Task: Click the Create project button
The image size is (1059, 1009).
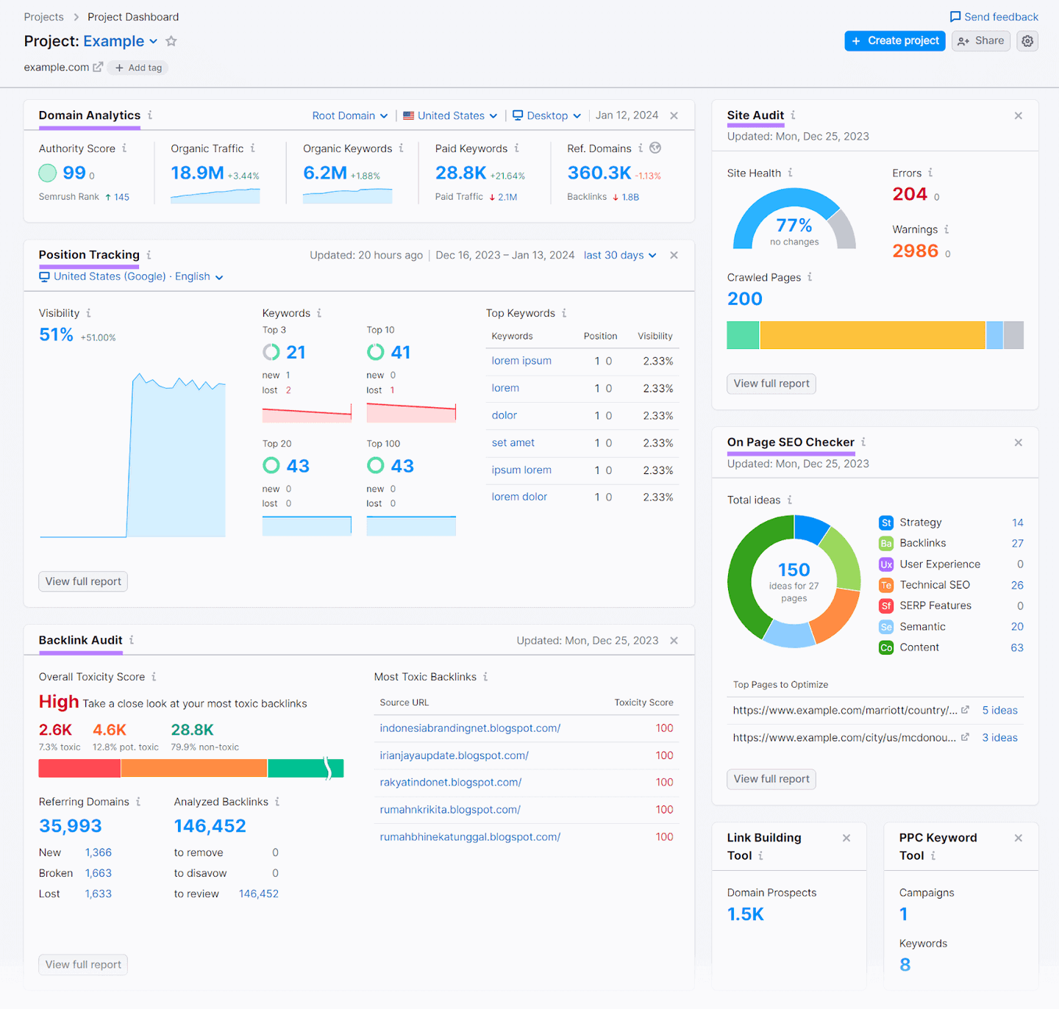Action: tap(894, 41)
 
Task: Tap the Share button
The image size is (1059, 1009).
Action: tap(980, 41)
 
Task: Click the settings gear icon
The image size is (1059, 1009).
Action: tap(1027, 41)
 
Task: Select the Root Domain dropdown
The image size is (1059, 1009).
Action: tap(349, 116)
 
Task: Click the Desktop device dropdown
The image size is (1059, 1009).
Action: tap(546, 116)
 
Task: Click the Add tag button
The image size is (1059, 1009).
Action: tap(138, 68)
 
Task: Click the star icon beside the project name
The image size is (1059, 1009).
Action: tap(171, 41)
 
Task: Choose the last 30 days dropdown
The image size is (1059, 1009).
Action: tap(619, 255)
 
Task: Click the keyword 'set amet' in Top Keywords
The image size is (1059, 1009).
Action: tap(513, 443)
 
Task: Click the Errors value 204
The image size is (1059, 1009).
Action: tap(909, 194)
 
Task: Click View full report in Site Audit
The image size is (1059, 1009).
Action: tap(771, 384)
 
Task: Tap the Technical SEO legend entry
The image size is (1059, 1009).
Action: tap(934, 585)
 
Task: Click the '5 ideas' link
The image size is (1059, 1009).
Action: tap(999, 711)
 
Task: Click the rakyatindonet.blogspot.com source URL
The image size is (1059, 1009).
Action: tap(450, 783)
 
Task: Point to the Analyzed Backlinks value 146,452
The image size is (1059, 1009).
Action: tap(210, 827)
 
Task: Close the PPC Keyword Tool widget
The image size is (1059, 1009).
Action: tap(1018, 839)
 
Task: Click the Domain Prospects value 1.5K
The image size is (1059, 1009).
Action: tap(745, 914)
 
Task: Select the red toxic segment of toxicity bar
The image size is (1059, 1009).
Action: tap(79, 768)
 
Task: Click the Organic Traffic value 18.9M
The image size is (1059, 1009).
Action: tap(197, 173)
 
